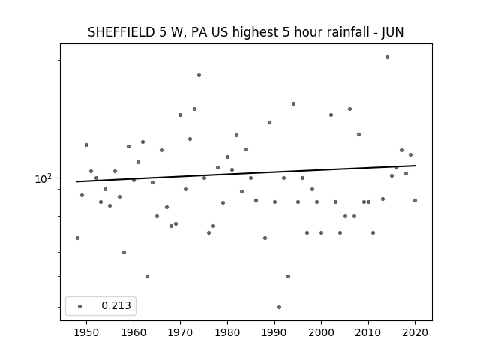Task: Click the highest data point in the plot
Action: pos(387,58)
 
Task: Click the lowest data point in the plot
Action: pos(279,307)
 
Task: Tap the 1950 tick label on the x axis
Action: pos(87,332)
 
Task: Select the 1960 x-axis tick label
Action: pos(133,332)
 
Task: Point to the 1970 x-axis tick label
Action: pos(180,332)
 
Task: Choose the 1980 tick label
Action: pos(227,332)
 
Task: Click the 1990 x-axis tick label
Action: pos(274,332)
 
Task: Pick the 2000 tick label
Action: pos(321,332)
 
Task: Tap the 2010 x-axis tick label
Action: pos(368,332)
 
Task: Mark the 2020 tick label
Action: pos(415,332)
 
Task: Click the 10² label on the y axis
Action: pos(43,178)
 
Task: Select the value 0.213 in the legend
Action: pos(116,305)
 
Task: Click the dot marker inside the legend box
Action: pos(80,306)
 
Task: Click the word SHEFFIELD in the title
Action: pos(121,32)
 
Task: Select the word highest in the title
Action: pos(256,33)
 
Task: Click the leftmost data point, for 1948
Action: pos(77,238)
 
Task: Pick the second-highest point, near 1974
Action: pos(199,75)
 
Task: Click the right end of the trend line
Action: pos(415,166)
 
